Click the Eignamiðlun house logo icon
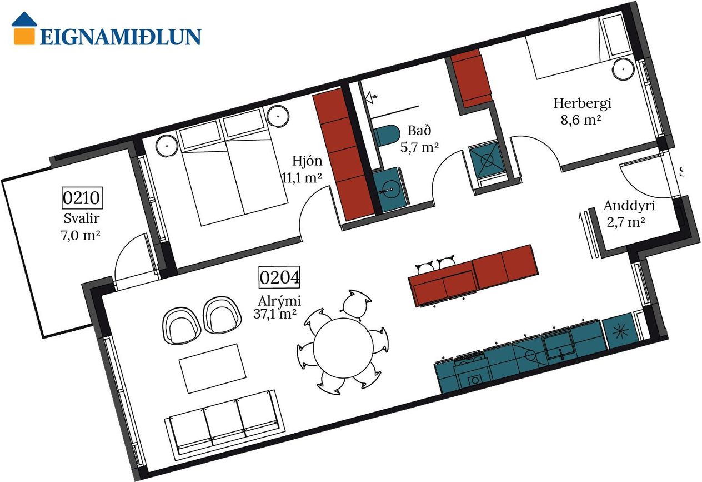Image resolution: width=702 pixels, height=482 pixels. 24,28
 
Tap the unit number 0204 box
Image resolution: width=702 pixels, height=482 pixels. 279,277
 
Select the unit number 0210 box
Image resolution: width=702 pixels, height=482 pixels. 82,198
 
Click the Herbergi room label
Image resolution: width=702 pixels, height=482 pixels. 582,103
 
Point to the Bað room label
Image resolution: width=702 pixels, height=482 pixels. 419,131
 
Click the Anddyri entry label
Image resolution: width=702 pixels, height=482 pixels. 629,206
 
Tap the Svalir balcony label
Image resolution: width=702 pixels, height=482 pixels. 82,218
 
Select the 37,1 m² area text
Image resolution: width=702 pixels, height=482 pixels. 275,314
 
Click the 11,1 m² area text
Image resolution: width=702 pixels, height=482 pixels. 302,177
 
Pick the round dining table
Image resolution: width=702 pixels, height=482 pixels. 343,347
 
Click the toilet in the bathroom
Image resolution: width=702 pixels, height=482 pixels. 386,136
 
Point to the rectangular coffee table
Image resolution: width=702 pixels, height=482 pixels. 213,369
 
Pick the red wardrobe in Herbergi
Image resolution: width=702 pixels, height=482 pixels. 471,78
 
